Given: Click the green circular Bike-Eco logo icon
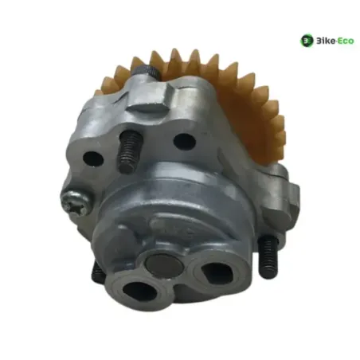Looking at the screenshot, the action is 307,41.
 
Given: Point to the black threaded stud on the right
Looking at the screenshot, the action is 268,256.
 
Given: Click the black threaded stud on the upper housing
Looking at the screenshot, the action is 129,152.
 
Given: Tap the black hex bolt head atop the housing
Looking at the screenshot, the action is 146,71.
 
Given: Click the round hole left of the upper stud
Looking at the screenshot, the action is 93,158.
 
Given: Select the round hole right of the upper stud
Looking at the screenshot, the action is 184,142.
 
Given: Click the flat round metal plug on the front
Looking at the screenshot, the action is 164,265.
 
